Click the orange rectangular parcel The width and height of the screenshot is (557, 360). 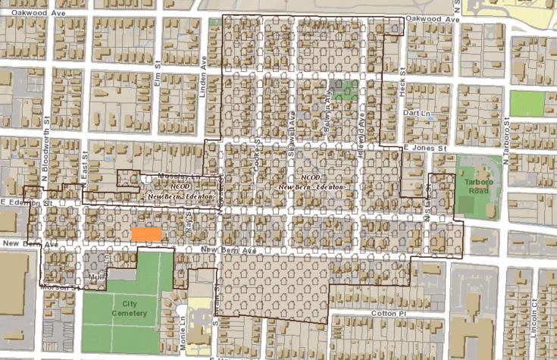pyautogui.click(x=146, y=235)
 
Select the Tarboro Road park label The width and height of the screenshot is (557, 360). pyautogui.click(x=476, y=187)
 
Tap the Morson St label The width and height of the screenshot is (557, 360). pyautogui.click(x=59, y=288)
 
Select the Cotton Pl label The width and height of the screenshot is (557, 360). pyautogui.click(x=390, y=312)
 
